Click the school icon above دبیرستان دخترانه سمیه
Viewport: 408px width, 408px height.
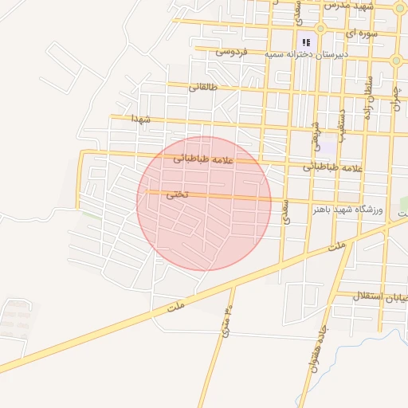tap(304, 41)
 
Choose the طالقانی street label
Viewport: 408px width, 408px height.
tap(202, 86)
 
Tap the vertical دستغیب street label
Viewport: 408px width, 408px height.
tap(341, 124)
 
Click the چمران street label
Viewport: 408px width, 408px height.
tap(396, 97)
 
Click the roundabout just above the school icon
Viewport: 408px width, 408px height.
tap(320, 28)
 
